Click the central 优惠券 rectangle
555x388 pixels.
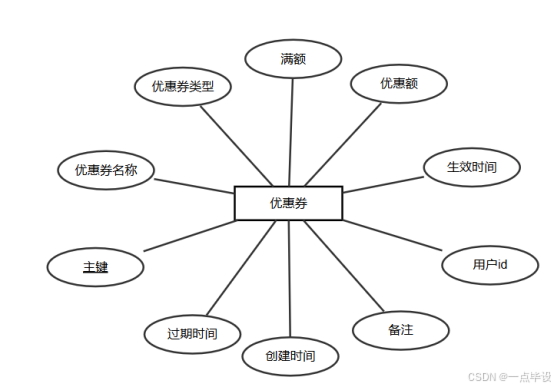tap(288, 203)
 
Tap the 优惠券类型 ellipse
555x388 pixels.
tap(183, 86)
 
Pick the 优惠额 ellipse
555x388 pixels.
tap(398, 83)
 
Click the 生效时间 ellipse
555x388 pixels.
tap(472, 167)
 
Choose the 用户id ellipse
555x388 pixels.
tap(490, 265)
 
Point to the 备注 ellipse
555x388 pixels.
tap(400, 329)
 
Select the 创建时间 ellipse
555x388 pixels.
tap(290, 356)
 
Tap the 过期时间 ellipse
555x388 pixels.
tap(193, 332)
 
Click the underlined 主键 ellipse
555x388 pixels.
tap(96, 267)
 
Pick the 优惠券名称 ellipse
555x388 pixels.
tap(105, 170)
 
